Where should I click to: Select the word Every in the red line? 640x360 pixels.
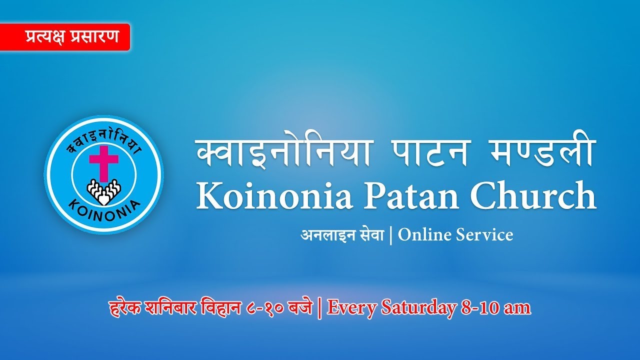point(352,307)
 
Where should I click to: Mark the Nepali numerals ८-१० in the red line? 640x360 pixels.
point(266,308)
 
